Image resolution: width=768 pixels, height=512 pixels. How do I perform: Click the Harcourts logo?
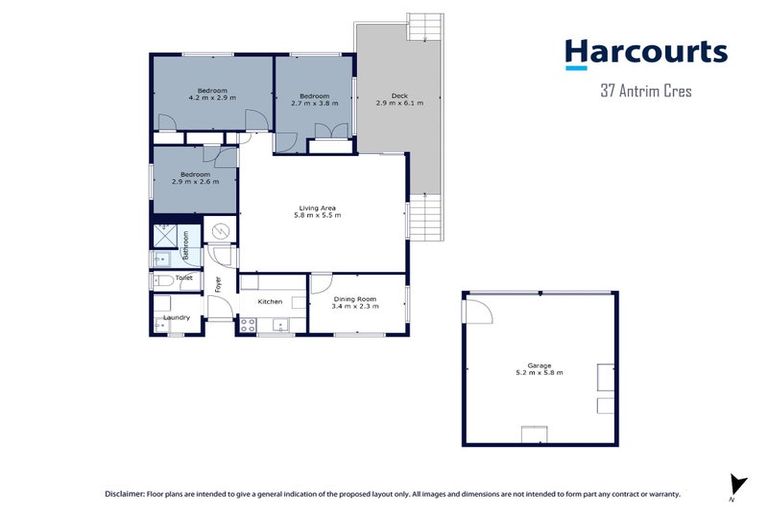[645, 54]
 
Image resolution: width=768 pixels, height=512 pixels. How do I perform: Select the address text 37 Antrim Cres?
[646, 91]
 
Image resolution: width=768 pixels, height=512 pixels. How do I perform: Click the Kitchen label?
[270, 301]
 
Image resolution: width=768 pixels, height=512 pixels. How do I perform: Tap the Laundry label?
[177, 318]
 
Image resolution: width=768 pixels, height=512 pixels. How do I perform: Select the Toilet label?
[184, 277]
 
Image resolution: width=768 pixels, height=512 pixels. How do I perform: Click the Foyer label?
[217, 284]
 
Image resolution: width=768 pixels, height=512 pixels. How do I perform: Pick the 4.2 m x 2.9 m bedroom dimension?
[211, 99]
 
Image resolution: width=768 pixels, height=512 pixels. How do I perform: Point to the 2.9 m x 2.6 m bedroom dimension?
[195, 181]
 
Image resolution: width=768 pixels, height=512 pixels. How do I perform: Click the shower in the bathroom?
[163, 238]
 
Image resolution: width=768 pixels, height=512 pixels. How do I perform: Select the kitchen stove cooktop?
[247, 324]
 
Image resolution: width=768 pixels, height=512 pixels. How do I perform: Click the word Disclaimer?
[127, 494]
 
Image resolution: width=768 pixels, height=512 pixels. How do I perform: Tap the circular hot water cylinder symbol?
[221, 232]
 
